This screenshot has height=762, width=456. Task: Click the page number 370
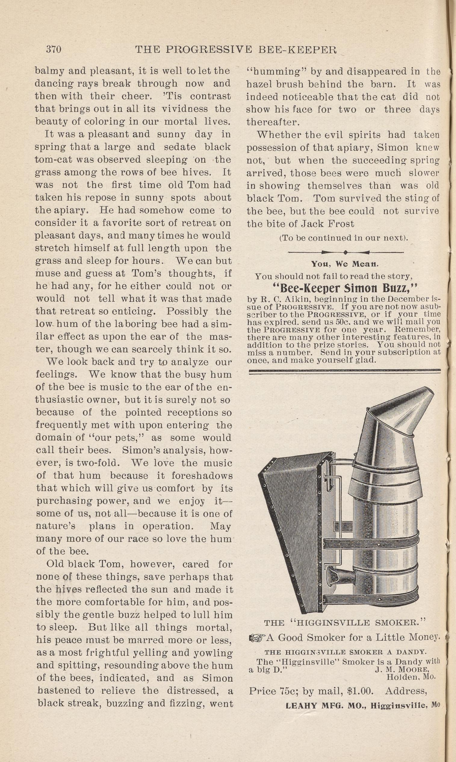point(54,49)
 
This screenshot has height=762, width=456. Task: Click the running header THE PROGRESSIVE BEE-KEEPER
point(236,50)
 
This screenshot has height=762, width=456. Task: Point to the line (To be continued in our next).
point(343,238)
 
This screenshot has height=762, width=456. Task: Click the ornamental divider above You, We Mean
point(345,252)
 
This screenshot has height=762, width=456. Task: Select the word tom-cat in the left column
point(53,160)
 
